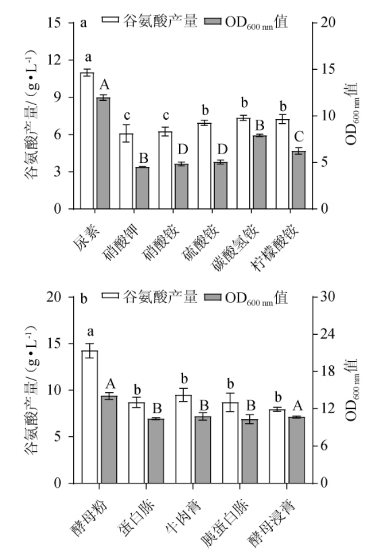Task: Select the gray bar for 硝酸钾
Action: pos(142,188)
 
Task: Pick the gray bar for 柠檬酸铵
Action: pos(299,180)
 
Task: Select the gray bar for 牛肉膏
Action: pos(203,450)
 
